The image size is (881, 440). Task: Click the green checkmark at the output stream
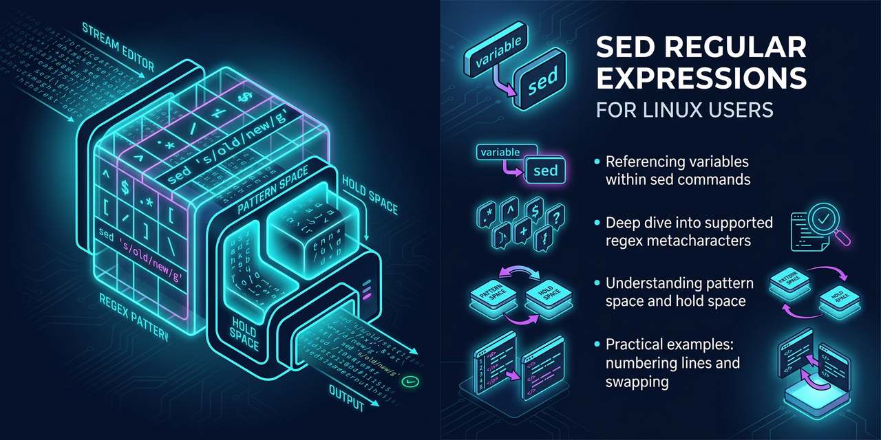click(x=412, y=380)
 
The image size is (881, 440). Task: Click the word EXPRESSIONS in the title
click(x=701, y=78)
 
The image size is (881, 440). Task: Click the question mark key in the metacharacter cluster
click(x=554, y=218)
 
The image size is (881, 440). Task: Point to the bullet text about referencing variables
click(x=677, y=171)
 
